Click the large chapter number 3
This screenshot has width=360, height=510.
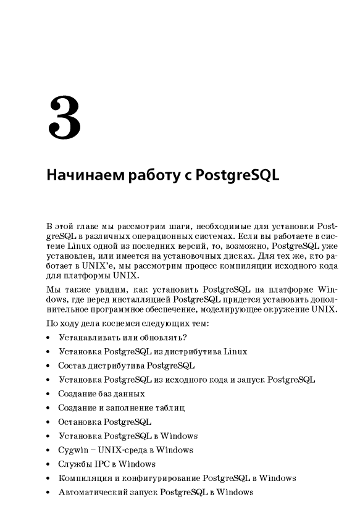tap(64, 118)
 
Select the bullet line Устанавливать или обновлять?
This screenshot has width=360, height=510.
tap(122, 337)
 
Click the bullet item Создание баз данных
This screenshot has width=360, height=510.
tap(101, 393)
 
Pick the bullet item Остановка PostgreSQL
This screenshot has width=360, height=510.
tap(105, 422)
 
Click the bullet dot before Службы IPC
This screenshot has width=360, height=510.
tap(48, 464)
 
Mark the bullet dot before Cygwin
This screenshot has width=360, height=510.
tap(48, 450)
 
